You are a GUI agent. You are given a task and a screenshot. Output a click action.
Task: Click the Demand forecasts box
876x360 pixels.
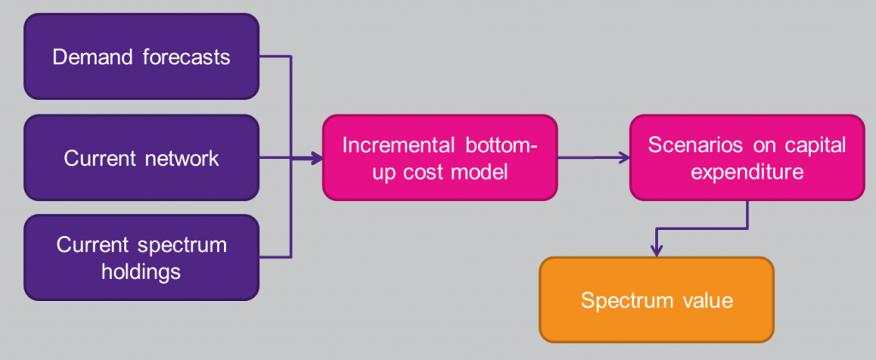(141, 56)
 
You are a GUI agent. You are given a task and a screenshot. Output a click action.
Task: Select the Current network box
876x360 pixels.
(141, 158)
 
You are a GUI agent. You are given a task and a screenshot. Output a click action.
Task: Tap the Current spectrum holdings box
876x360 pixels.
(141, 258)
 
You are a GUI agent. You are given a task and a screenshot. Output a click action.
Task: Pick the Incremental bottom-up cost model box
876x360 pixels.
(440, 158)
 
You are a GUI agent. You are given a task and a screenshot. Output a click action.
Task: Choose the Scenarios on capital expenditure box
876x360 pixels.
(747, 158)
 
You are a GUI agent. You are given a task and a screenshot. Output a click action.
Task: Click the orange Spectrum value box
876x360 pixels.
(656, 300)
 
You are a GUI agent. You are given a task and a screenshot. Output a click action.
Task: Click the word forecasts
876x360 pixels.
(186, 57)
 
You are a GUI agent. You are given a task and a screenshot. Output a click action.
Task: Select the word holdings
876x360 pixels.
(141, 271)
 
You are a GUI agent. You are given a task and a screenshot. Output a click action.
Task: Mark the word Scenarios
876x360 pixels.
(687, 145)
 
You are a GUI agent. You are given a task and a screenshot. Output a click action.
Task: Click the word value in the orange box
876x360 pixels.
(705, 300)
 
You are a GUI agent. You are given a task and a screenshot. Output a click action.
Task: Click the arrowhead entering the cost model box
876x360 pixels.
(317, 158)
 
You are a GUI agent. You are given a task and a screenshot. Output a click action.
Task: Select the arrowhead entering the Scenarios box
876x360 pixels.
(624, 158)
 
